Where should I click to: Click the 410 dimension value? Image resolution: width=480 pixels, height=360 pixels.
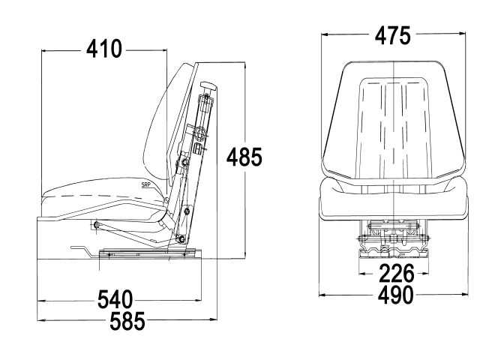pos(104,49)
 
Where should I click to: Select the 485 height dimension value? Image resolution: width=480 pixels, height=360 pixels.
pos(244,157)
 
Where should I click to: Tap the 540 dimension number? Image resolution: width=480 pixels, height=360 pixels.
pos(115,299)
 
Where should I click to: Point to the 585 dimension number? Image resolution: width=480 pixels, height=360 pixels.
pos(127,321)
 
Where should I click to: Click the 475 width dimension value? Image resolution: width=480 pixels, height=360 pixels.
pos(392,35)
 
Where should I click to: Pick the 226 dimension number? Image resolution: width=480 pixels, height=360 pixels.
pos(397,273)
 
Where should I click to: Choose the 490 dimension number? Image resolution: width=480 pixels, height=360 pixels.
pos(395,295)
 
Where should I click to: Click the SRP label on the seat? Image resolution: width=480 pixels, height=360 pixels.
pos(145,184)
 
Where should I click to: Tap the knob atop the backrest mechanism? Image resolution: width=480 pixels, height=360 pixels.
pos(208,86)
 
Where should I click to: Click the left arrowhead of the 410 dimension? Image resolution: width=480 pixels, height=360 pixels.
pos(45,51)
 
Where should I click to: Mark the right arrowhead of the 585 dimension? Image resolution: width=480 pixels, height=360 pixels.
pos(213,319)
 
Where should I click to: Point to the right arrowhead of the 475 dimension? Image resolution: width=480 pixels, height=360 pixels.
pos(462,33)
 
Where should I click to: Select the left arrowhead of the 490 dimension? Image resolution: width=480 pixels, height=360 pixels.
pos(322,295)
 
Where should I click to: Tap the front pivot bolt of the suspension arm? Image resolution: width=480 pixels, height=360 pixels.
pos(97,225)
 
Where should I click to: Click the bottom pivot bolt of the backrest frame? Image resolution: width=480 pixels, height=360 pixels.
pos(181,239)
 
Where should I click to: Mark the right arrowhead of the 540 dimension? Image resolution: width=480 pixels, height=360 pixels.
pos(198,300)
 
